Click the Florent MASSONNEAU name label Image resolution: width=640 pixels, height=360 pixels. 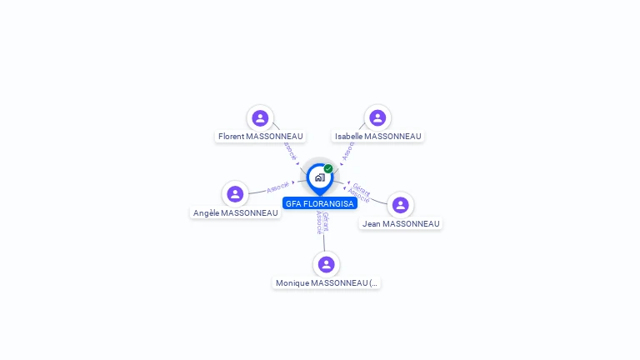(260, 136)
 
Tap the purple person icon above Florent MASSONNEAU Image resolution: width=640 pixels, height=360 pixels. (260, 118)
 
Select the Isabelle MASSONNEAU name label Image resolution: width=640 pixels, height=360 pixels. (378, 136)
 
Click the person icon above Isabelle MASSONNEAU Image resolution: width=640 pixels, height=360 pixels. (377, 118)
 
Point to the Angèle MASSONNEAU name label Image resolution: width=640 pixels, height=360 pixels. (235, 212)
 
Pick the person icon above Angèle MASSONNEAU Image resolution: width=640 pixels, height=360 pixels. (235, 194)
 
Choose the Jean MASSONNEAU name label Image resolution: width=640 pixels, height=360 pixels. (401, 223)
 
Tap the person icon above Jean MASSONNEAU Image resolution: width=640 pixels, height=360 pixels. (400, 205)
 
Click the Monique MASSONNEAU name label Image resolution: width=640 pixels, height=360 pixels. (327, 283)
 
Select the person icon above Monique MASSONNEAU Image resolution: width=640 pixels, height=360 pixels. (326, 264)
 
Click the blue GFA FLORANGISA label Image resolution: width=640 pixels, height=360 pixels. (320, 203)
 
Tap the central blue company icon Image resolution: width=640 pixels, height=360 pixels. (319, 177)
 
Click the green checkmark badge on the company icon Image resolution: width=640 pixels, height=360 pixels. (328, 168)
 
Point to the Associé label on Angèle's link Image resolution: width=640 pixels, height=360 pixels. (277, 187)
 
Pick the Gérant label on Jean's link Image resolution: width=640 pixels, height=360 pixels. (362, 189)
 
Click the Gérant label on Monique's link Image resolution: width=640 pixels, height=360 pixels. (325, 221)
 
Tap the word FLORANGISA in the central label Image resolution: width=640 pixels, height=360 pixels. (329, 203)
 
